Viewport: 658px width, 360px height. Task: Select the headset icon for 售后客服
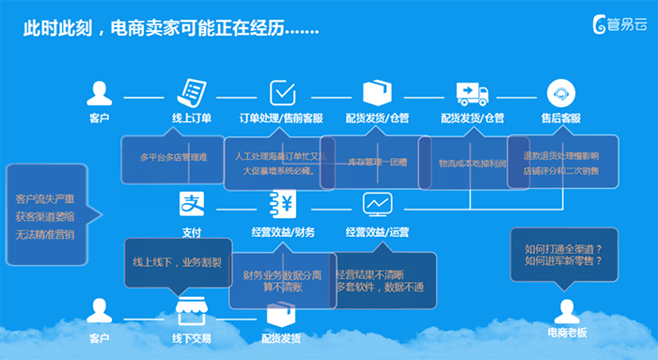coord(561,92)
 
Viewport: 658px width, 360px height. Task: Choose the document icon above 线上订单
coord(192,92)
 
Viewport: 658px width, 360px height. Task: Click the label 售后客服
coord(561,118)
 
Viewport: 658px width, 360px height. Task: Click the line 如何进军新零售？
coord(564,260)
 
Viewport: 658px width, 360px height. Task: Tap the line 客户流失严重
coord(45,199)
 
